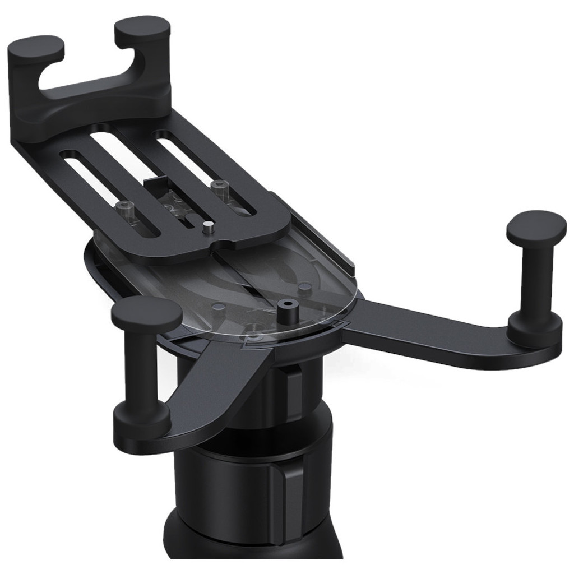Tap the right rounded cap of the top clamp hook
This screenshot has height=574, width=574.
pos(142,29)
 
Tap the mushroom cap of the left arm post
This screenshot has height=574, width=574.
pos(146,312)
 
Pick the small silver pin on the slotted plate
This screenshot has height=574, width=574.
pos(208,227)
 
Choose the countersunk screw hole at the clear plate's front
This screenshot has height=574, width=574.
pos(253,335)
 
